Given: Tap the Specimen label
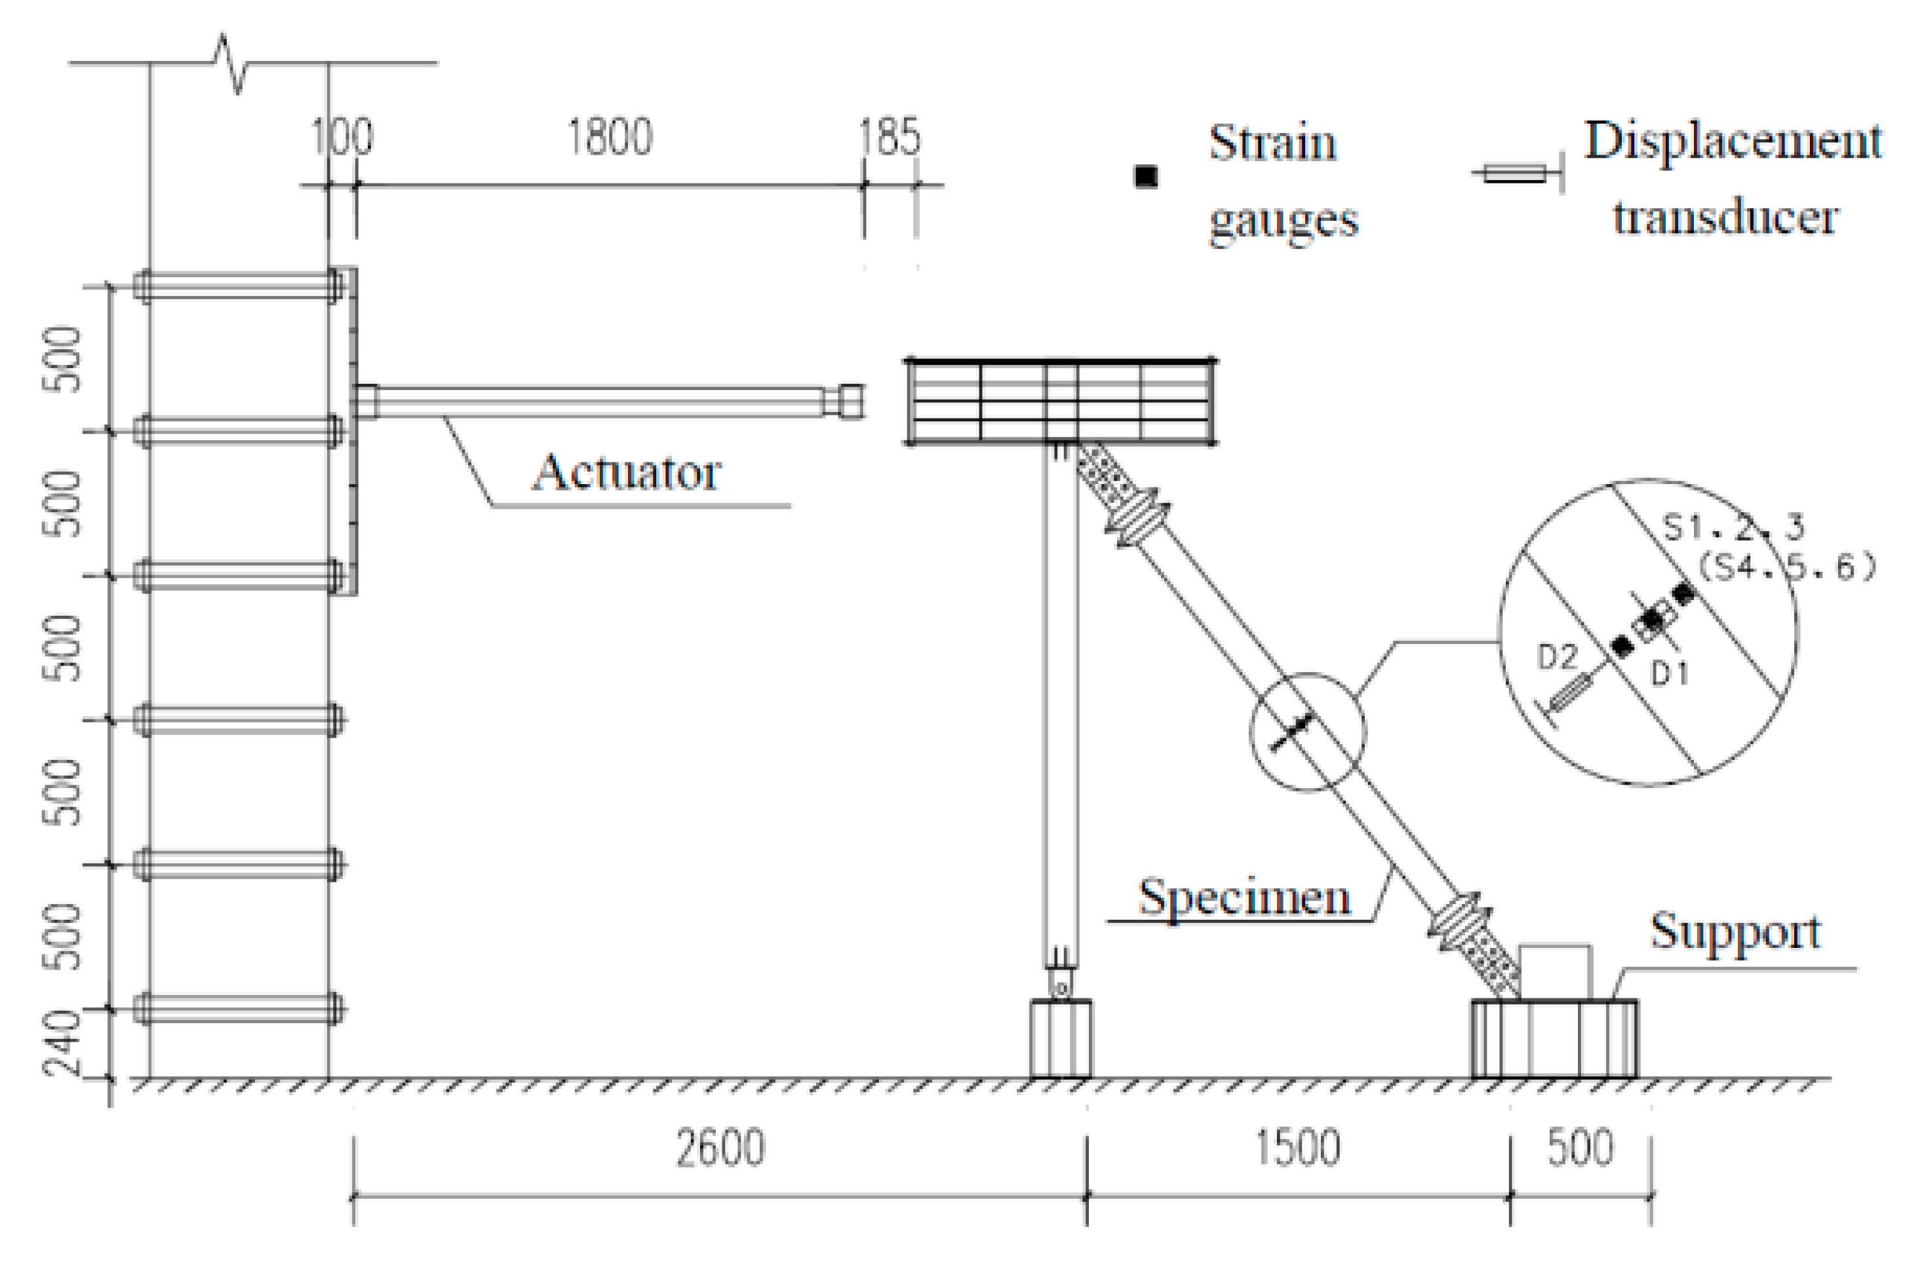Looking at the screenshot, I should click(1245, 897).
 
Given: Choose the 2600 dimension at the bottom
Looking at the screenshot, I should click(720, 1148).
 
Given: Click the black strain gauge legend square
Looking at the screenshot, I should click(1145, 176).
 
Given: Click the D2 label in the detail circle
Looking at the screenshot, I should click(1556, 658).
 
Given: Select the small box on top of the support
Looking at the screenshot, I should click(1554, 972).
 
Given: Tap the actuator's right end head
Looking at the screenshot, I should click(849, 402).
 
